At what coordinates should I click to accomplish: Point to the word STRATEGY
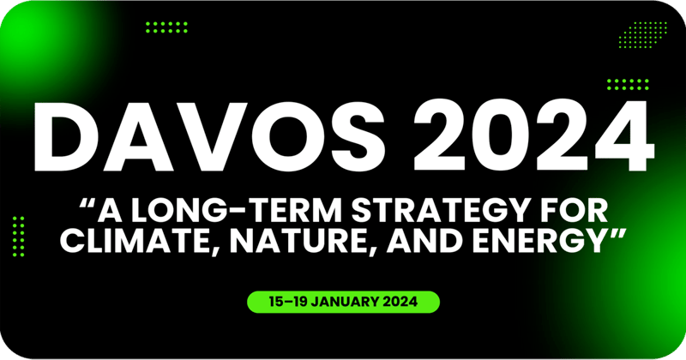point(403,210)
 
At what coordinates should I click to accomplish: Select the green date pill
point(343,302)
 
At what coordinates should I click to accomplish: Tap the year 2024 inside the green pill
point(408,302)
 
